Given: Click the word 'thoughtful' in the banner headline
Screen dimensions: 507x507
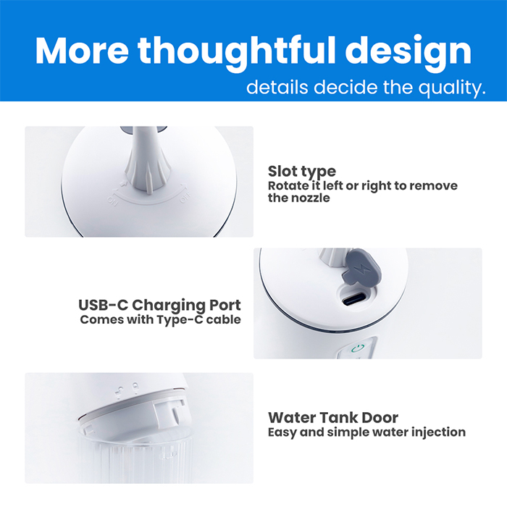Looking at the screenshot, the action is click(238, 51).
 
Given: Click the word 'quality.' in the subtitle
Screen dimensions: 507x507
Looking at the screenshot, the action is click(452, 88).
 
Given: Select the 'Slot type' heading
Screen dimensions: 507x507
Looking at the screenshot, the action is click(302, 172).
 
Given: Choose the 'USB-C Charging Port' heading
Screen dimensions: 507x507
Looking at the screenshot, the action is click(160, 305).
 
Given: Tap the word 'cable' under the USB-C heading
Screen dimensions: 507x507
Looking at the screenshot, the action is click(223, 319).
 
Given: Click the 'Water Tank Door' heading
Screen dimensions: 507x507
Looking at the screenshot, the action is click(333, 418).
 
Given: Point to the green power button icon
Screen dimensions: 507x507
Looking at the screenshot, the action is click(358, 349).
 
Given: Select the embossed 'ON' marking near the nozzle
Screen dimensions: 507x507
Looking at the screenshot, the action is click(113, 201).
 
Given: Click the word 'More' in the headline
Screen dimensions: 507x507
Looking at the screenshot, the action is click(82, 51).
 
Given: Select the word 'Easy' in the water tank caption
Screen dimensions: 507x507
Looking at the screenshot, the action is click(282, 432).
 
